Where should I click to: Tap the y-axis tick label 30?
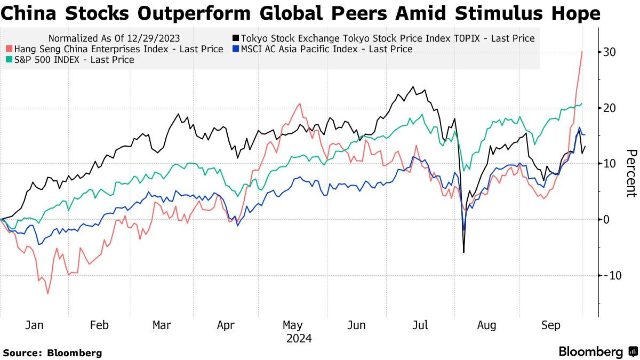[611, 52]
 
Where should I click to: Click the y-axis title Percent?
[631, 173]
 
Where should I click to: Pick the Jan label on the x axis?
[35, 325]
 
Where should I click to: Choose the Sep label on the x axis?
[551, 325]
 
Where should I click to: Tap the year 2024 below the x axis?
[299, 339]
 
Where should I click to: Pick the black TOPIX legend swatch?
[235, 38]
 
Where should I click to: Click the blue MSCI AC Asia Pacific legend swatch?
[235, 49]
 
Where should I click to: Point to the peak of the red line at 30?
[581, 52]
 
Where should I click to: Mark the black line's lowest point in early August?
[464, 252]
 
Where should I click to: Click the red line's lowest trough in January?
[47, 293]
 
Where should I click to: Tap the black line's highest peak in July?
[413, 87]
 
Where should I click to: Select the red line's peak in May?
[300, 103]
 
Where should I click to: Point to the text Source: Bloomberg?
[52, 353]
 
